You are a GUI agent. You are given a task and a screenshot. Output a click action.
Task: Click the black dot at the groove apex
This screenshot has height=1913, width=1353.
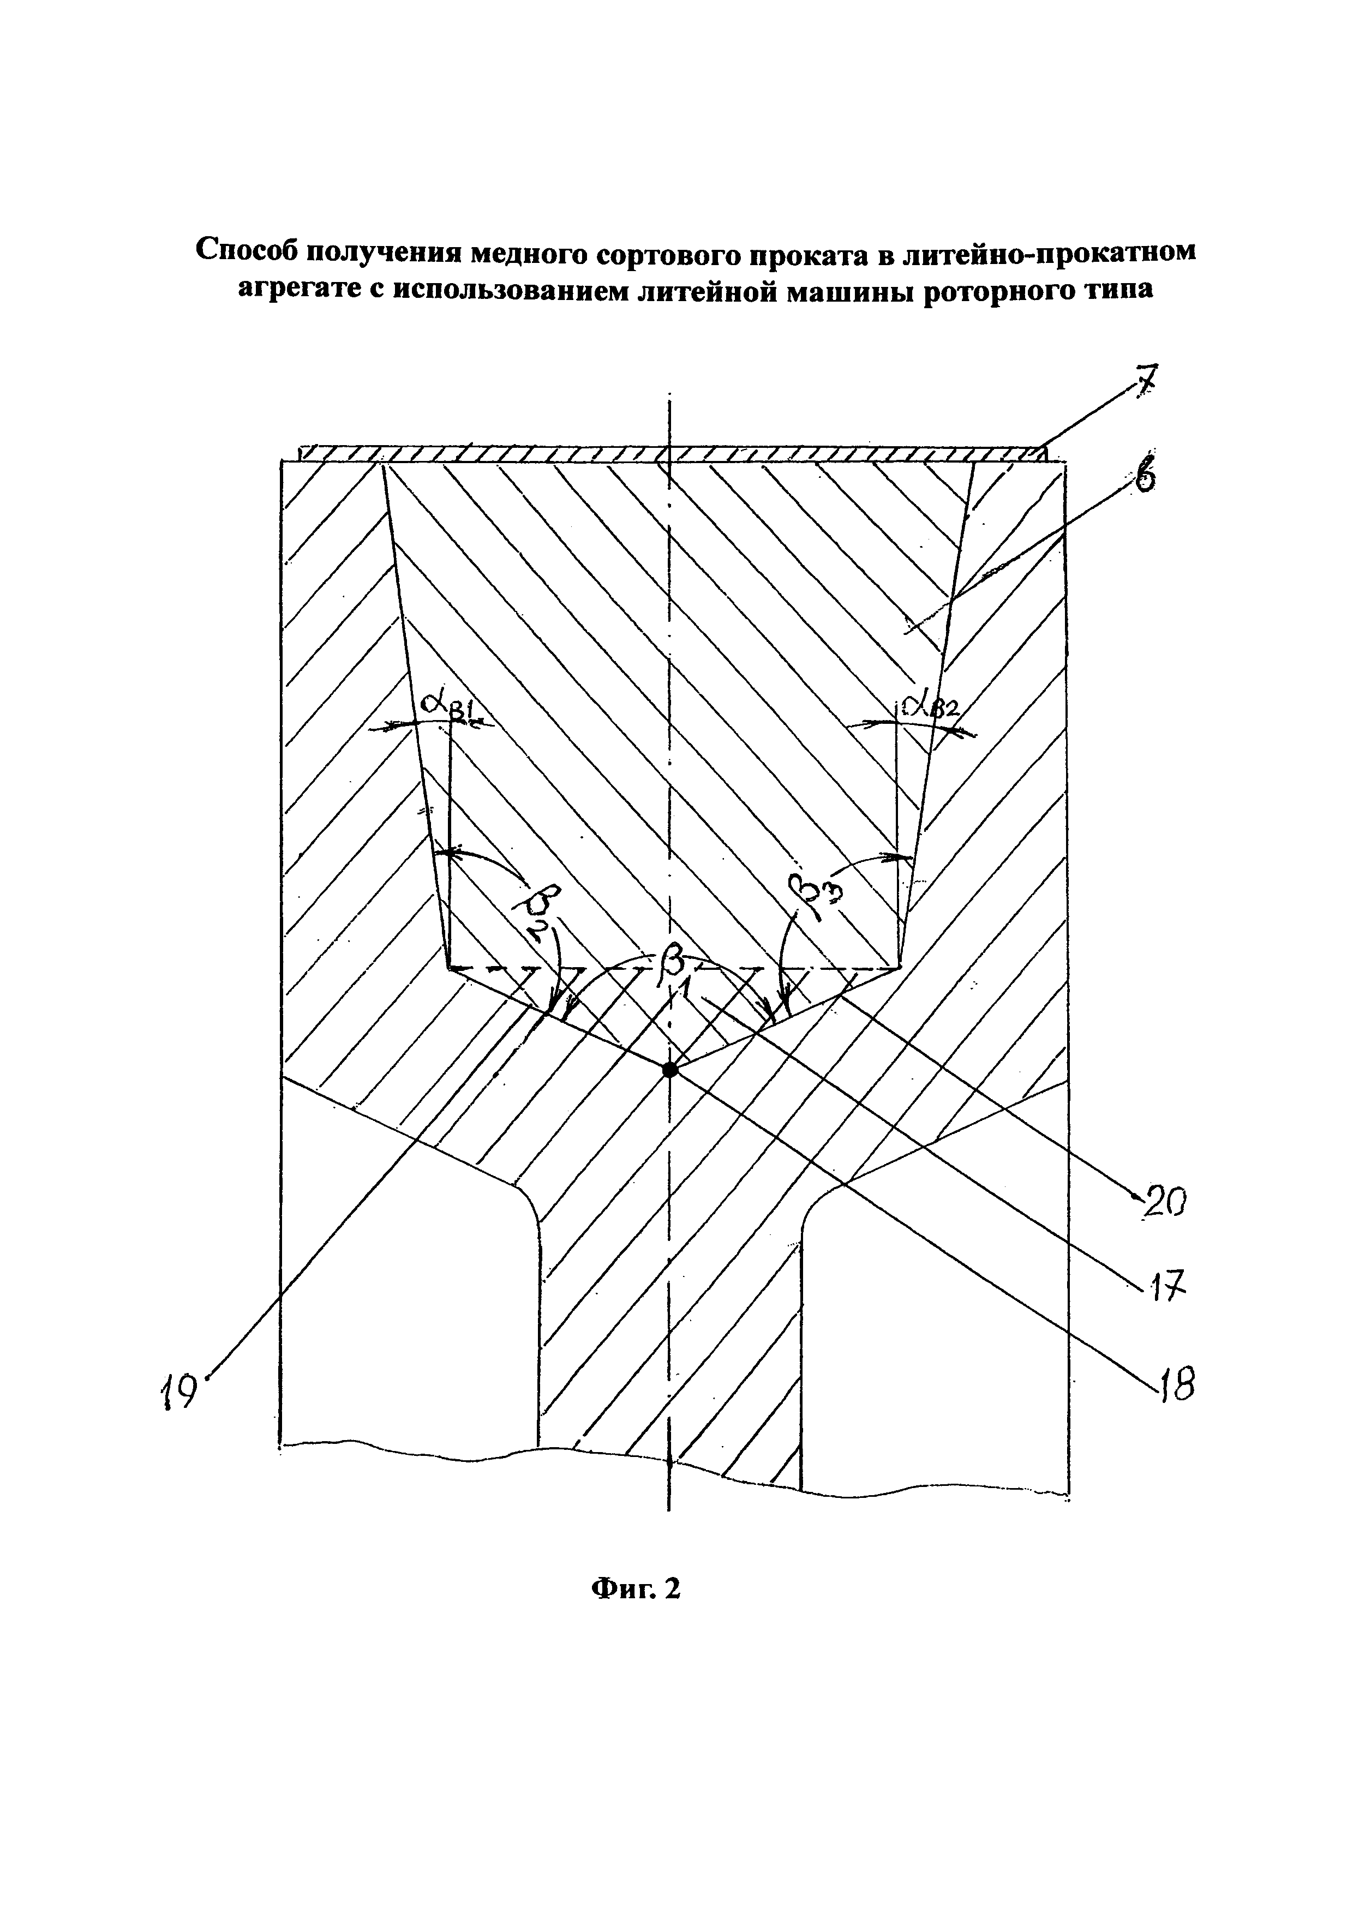click(669, 1070)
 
